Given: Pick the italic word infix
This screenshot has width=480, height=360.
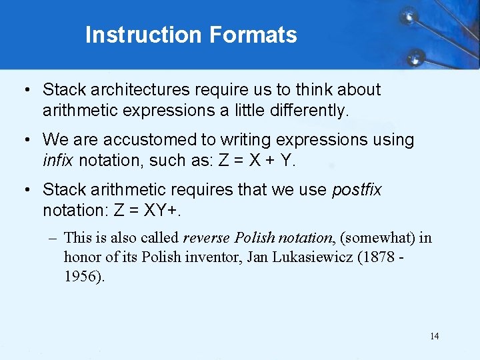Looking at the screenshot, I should pyautogui.click(x=58, y=161).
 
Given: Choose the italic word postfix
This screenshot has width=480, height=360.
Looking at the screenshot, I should pyautogui.click(x=357, y=190).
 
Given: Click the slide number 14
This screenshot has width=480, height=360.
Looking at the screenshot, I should pyautogui.click(x=434, y=336).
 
